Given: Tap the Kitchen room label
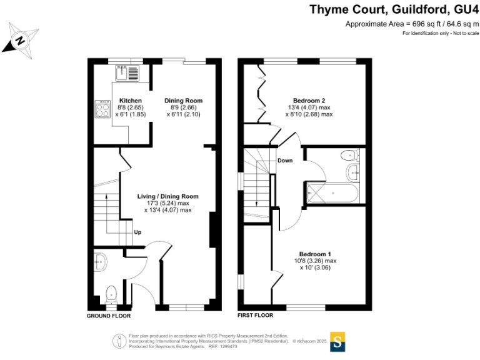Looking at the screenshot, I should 131,101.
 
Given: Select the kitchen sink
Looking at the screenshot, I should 130,73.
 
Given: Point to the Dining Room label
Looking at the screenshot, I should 183,101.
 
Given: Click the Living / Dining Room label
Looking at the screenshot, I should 167,196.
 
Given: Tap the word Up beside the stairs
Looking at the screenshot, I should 137,232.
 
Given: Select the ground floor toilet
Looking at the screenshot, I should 111,291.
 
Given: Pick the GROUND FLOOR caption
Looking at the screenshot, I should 108,316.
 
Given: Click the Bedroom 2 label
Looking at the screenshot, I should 309,101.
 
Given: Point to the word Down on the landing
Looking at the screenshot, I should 285,161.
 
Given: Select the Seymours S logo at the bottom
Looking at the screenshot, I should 337,341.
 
